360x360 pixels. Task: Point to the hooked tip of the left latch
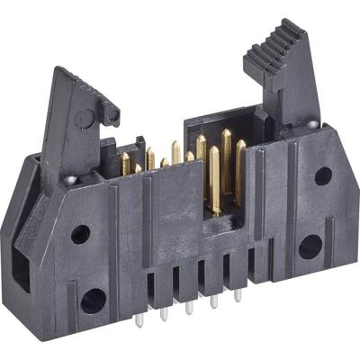(x=111, y=113)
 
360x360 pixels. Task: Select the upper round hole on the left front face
(x=80, y=234)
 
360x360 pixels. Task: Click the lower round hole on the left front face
(x=93, y=301)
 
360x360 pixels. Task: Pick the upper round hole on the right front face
(x=322, y=175)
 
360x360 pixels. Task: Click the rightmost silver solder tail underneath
(x=238, y=295)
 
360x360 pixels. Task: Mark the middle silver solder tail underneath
(x=189, y=309)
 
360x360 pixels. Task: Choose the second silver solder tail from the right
(x=214, y=301)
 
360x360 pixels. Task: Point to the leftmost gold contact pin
(x=125, y=164)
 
